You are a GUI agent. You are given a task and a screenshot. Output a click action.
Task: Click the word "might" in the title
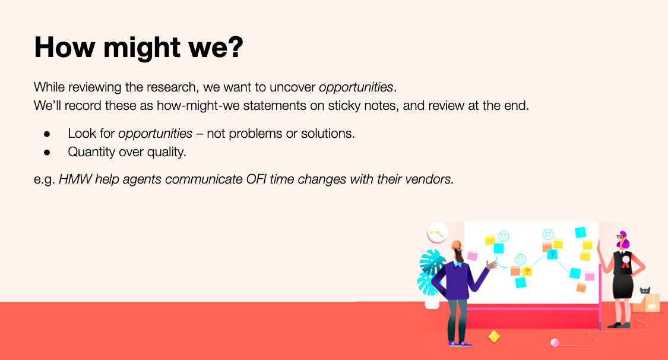pos(142,48)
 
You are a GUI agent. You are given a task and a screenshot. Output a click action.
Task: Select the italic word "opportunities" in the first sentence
pos(356,87)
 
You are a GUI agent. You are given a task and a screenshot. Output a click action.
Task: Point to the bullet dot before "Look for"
pos(47,134)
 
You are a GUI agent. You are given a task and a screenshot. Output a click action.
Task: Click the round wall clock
pos(436,233)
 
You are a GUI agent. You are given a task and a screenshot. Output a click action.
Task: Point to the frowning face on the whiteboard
pos(548,234)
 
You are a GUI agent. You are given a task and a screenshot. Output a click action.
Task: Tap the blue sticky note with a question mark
pos(552,254)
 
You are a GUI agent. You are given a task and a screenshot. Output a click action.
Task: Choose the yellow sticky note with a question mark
pos(527,271)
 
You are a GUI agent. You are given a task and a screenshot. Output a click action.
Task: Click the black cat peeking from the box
pos(645,290)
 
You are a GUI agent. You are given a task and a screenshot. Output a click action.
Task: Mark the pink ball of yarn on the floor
pos(554,343)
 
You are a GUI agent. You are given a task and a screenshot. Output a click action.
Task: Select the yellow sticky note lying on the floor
pos(494,337)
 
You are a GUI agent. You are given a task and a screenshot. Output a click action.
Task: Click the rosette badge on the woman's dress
pos(625,261)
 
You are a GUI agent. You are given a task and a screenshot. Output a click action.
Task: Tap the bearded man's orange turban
pos(456,245)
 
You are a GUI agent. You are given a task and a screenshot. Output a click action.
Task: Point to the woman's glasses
pos(620,236)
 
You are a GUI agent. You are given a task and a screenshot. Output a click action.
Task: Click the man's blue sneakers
pos(461,343)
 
